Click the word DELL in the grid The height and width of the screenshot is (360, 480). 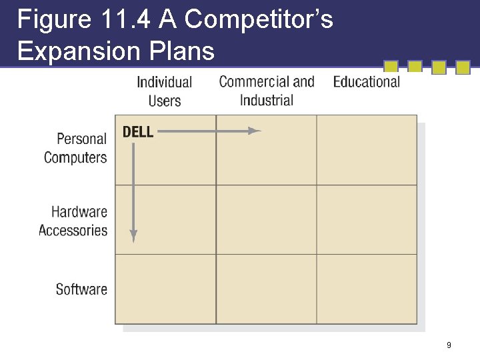click(x=138, y=131)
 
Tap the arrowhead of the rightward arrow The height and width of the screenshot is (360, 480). click(x=255, y=131)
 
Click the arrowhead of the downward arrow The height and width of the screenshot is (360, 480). click(x=133, y=236)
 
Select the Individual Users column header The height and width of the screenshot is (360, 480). click(x=164, y=91)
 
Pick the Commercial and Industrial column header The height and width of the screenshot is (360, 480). click(x=267, y=91)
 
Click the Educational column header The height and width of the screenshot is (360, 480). click(x=366, y=82)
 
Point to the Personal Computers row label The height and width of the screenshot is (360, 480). click(x=75, y=148)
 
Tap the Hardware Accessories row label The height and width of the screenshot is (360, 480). click(x=73, y=221)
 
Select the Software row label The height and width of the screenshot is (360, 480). click(x=81, y=289)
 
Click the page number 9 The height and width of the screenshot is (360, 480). click(x=449, y=345)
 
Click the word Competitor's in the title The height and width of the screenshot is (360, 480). click(x=259, y=20)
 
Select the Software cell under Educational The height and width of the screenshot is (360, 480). click(x=367, y=289)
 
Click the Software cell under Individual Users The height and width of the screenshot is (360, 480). click(x=165, y=289)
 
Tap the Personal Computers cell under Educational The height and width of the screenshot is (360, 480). click(x=367, y=150)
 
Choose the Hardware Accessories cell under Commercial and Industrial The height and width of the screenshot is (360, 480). click(x=266, y=219)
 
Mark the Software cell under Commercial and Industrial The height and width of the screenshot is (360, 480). click(x=266, y=289)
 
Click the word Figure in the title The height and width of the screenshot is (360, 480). click(x=53, y=20)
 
